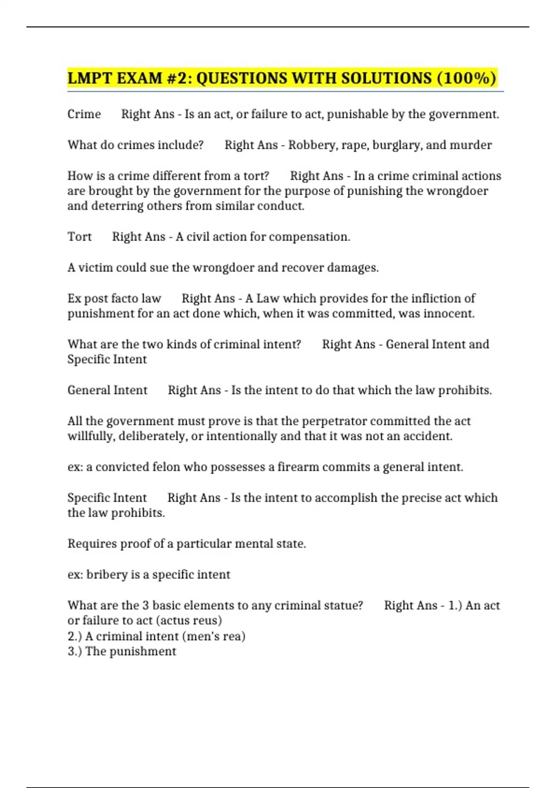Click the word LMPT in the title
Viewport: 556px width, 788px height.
(x=90, y=78)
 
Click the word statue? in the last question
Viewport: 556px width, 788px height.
(x=344, y=605)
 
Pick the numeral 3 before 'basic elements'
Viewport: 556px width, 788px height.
(x=145, y=605)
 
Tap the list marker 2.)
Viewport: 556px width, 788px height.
(x=75, y=636)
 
